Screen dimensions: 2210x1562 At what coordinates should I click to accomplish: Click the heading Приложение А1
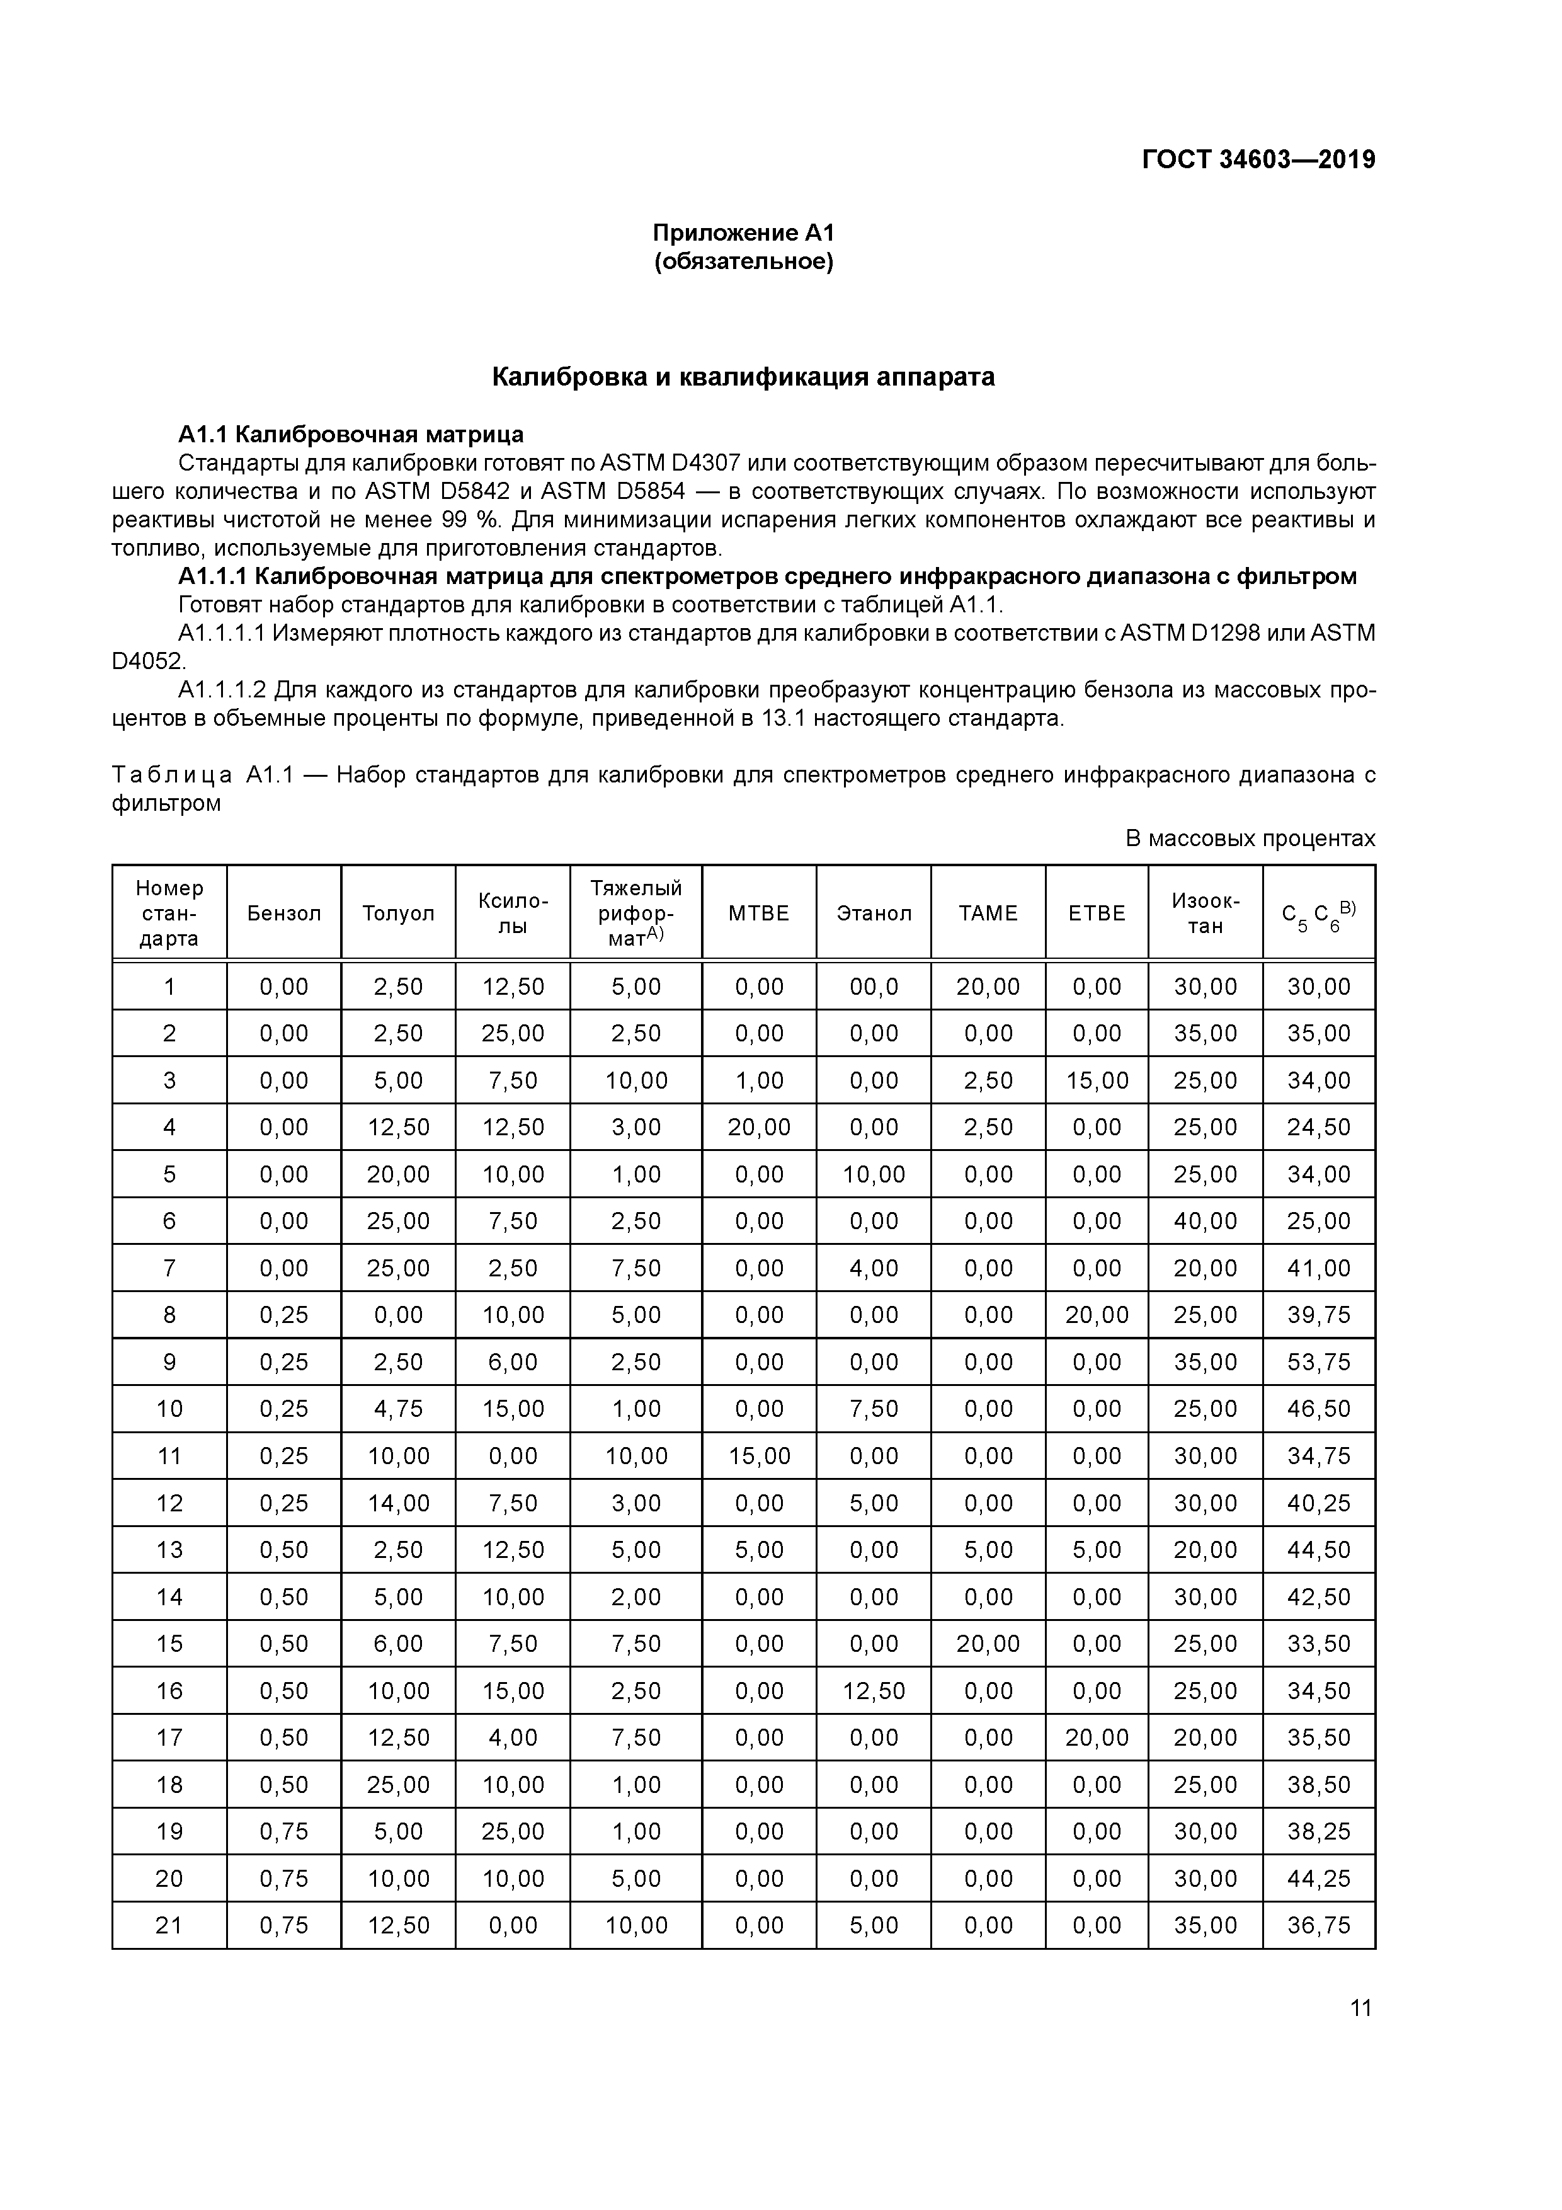click(x=743, y=233)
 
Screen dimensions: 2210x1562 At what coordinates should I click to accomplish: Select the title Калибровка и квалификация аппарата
click(x=743, y=377)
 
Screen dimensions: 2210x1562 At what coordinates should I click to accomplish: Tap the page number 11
click(x=1360, y=2008)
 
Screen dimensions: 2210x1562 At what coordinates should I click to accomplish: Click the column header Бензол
click(x=284, y=913)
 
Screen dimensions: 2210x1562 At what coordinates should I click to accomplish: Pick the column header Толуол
click(x=399, y=913)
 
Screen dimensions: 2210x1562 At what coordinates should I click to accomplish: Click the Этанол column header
click(x=873, y=913)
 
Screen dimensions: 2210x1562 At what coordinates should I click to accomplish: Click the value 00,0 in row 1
click(x=873, y=987)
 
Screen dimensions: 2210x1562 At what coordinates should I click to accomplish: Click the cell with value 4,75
click(x=399, y=1409)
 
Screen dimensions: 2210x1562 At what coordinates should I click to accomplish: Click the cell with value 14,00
click(x=399, y=1503)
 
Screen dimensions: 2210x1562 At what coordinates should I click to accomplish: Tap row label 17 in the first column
click(x=169, y=1738)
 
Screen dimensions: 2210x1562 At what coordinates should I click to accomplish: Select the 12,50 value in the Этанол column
click(x=873, y=1691)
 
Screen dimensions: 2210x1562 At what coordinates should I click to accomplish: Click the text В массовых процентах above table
click(x=1250, y=839)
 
